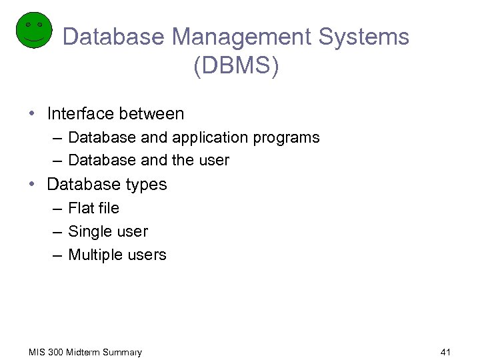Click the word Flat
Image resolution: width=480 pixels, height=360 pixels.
pyautogui.click(x=81, y=208)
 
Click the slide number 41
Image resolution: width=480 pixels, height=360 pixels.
pyautogui.click(x=446, y=351)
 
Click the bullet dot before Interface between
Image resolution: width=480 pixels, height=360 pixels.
pyautogui.click(x=33, y=114)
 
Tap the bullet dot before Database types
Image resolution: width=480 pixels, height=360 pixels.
pyautogui.click(x=33, y=185)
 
